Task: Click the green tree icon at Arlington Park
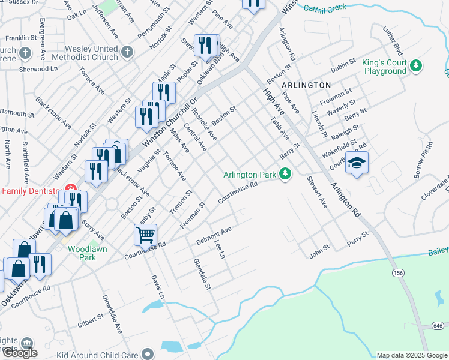[x=285, y=175]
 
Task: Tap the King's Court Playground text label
[x=384, y=67]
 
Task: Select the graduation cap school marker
[x=357, y=163]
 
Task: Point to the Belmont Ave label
[x=214, y=236]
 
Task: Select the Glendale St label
[x=202, y=274]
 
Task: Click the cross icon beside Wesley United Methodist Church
[x=126, y=52]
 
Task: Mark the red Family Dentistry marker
[x=71, y=191]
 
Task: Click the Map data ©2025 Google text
[x=411, y=355]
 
